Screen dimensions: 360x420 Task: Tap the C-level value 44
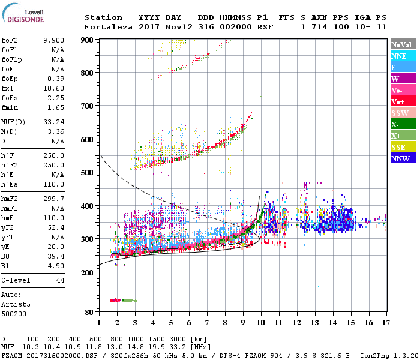(x=60, y=280)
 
